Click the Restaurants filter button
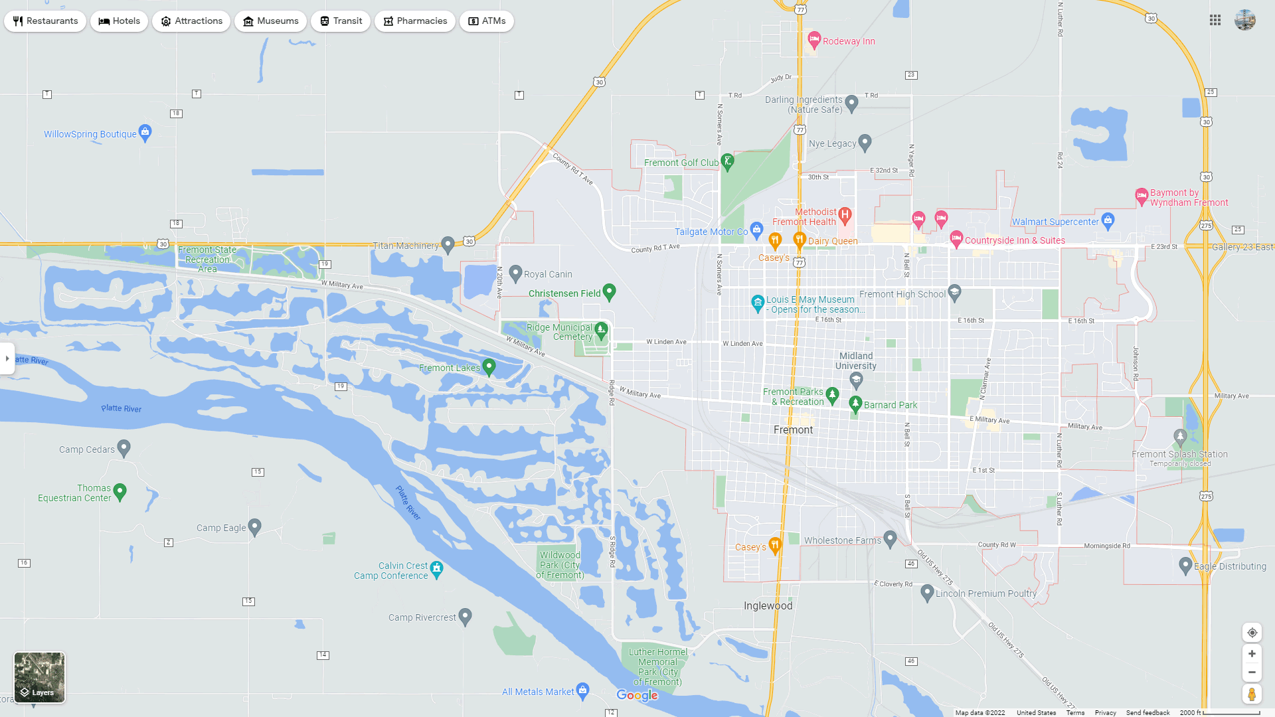tap(45, 21)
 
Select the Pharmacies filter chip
tap(414, 21)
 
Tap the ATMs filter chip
tap(486, 21)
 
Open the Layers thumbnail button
tap(40, 677)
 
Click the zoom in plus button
tap(1252, 654)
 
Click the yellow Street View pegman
tap(1252, 694)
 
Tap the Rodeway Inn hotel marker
tap(814, 40)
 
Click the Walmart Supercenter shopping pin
tap(1108, 220)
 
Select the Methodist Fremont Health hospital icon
tap(845, 214)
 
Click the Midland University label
tap(855, 361)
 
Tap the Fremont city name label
tap(793, 430)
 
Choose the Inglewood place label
tap(768, 606)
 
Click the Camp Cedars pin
tap(124, 447)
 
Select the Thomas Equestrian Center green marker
tap(120, 491)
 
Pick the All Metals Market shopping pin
tap(582, 690)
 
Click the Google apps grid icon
tap(1215, 21)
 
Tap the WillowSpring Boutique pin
tap(145, 132)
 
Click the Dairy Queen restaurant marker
tap(800, 239)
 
